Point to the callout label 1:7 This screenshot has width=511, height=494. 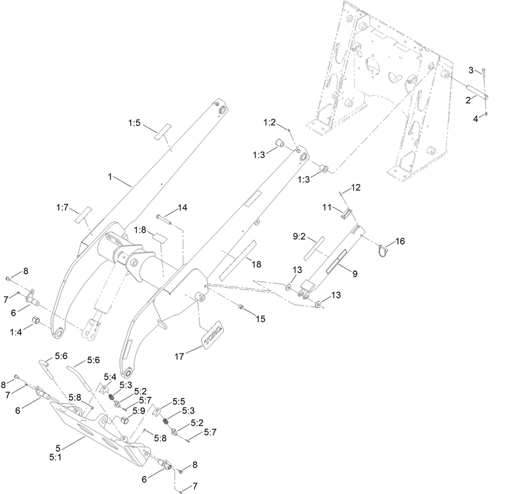tap(62, 208)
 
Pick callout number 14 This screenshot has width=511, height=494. tap(182, 208)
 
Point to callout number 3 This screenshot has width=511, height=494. tap(471, 69)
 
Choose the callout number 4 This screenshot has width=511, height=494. tap(475, 118)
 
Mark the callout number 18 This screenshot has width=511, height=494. tap(256, 264)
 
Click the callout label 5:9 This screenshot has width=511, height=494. tap(139, 411)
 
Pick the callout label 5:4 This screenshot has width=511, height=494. tap(109, 378)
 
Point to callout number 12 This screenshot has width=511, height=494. tap(355, 187)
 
